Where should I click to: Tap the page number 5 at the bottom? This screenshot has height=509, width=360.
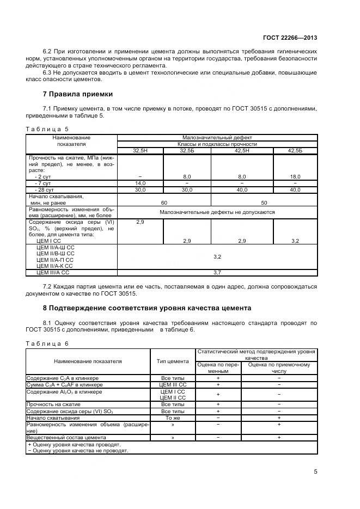[315, 471]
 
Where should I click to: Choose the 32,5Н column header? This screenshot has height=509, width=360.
[141, 150]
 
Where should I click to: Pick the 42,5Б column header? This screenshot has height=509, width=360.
[295, 150]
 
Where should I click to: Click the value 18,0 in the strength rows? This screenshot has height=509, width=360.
[295, 177]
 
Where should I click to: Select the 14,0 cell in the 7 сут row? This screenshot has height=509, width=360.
[141, 183]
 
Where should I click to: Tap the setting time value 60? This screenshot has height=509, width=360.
[164, 202]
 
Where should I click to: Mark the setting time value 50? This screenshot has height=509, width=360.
[264, 202]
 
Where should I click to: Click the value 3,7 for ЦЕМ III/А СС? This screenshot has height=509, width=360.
[217, 272]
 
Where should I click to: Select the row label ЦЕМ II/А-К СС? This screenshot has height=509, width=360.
[54, 266]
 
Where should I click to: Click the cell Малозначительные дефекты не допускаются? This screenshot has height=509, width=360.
[217, 212]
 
